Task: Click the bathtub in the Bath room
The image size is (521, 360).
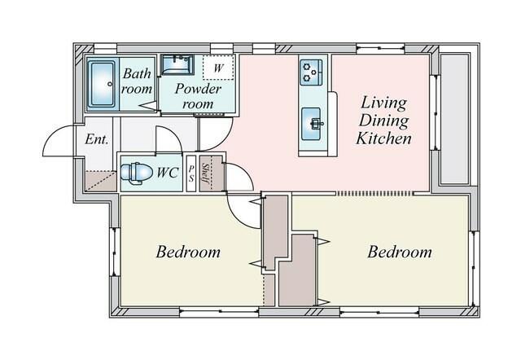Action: point(102,85)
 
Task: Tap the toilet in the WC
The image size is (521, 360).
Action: point(135,173)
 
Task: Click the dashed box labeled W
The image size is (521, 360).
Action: point(218,68)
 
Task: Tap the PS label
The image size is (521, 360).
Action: point(191,173)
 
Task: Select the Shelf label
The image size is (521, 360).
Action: point(205,173)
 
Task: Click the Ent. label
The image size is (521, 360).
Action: point(97,139)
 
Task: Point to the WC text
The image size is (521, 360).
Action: point(168,173)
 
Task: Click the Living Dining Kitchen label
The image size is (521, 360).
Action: point(383,121)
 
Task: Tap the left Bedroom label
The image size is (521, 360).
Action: point(188,252)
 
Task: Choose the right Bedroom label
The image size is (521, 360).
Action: point(400,252)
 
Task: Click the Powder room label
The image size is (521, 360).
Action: point(198,96)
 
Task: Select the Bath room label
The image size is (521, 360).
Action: point(137,81)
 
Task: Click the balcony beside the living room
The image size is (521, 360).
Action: point(454,120)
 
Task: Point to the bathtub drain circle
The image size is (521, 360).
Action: point(110,85)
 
